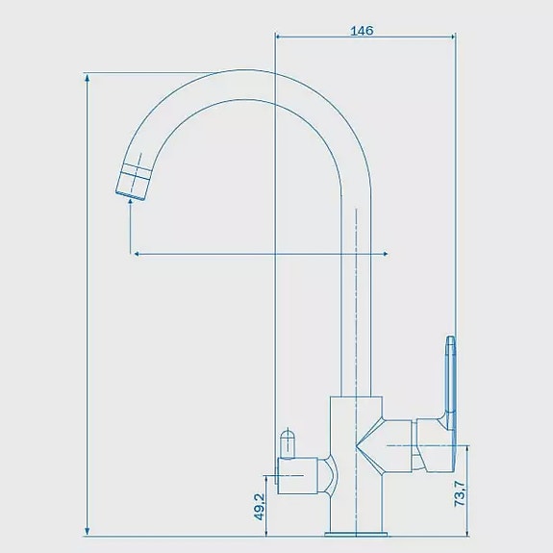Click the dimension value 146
pos(362,31)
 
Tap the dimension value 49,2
pos(260,507)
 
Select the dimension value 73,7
pos(460,493)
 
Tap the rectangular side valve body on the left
pos(298,475)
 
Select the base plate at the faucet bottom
pos(356,534)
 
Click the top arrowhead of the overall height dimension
pos(88,78)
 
